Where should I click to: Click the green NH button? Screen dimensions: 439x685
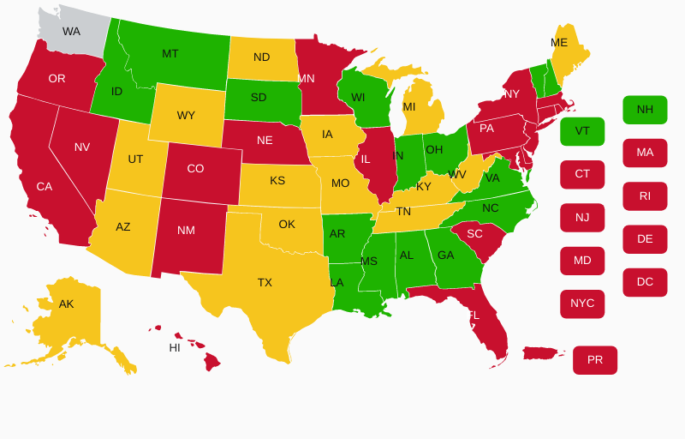[645, 110]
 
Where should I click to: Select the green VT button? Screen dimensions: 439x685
[582, 131]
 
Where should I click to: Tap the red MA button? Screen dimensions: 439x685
[645, 153]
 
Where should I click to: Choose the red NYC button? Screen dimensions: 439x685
[582, 304]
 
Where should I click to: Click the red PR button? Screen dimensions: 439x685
[595, 360]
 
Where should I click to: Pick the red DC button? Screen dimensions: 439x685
[645, 282]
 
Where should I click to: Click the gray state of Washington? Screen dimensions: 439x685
[72, 32]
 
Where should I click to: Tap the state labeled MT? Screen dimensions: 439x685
[171, 54]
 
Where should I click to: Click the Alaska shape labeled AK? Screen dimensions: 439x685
[67, 305]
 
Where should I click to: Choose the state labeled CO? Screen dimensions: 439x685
[195, 169]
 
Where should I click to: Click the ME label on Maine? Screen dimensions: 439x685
[559, 43]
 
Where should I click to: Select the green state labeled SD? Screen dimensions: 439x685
[259, 98]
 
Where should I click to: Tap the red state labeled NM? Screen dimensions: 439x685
[186, 230]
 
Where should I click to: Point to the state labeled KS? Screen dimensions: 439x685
[277, 181]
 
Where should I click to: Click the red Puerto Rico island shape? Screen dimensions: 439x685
[542, 353]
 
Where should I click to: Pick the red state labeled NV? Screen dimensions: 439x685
[82, 147]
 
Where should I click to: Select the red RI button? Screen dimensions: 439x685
[645, 196]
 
